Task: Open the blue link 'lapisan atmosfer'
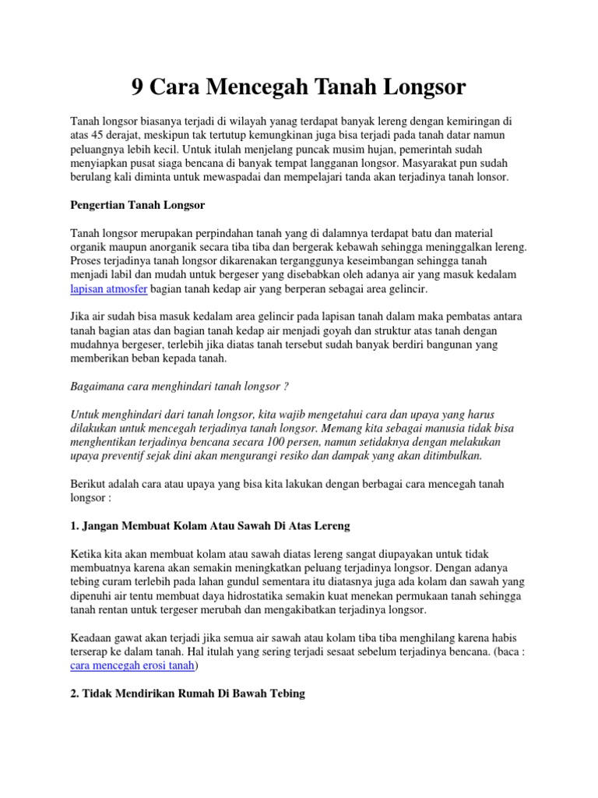click(108, 288)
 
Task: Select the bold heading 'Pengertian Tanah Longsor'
click(137, 205)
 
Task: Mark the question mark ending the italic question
click(287, 387)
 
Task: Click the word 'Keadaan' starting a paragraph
click(91, 637)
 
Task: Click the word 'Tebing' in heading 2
click(286, 693)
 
